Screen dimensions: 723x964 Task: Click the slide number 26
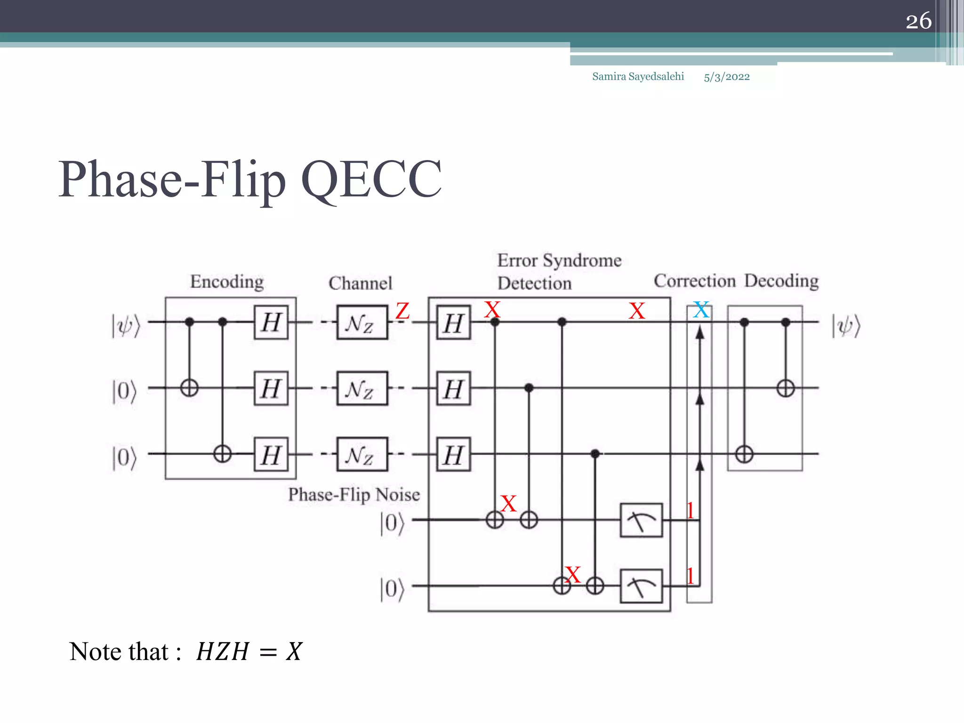[x=918, y=21]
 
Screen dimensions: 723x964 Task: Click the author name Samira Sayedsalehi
[x=638, y=76]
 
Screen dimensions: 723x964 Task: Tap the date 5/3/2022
[x=726, y=77]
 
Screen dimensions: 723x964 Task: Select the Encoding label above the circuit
[x=227, y=281]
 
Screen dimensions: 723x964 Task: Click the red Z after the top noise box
[x=402, y=311]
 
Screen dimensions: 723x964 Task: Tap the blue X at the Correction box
[x=701, y=310]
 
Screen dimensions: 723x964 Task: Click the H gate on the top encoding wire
[x=271, y=322]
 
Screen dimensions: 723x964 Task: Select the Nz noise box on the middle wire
[x=362, y=388]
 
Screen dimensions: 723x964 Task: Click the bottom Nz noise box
[x=362, y=454]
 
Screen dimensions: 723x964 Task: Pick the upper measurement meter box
[x=641, y=520]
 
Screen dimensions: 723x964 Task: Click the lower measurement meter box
[x=641, y=586]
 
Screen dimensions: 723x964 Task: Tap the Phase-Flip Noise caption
[x=354, y=495]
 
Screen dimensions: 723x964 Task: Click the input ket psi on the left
[x=126, y=325]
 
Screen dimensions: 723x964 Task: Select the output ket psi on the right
[x=846, y=325]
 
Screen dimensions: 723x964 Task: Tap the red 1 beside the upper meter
[x=690, y=510]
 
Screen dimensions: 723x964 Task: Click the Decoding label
[x=781, y=281]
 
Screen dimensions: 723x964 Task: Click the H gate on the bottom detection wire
[x=453, y=455]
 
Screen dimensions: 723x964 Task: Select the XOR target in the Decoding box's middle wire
[x=786, y=388]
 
